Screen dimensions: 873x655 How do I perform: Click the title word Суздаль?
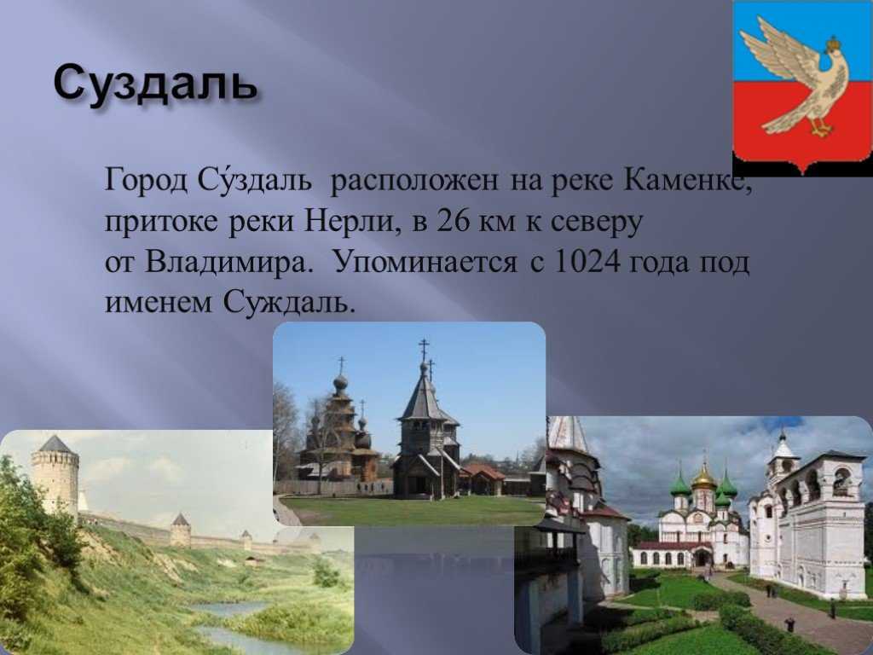155,84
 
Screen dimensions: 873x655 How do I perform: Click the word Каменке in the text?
688,179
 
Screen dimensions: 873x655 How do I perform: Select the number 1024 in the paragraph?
587,261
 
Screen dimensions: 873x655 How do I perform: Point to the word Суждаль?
289,303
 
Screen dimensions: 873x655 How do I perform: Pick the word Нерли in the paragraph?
352,221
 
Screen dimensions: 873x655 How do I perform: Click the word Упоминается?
425,261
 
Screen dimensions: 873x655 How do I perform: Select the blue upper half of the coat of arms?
801,42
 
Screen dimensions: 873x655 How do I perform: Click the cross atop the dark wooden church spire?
424,349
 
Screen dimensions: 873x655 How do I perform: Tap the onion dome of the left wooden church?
340,383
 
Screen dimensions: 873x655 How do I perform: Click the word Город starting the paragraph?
147,181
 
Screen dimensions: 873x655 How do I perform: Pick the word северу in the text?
596,223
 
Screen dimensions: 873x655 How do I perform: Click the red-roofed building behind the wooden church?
483,479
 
